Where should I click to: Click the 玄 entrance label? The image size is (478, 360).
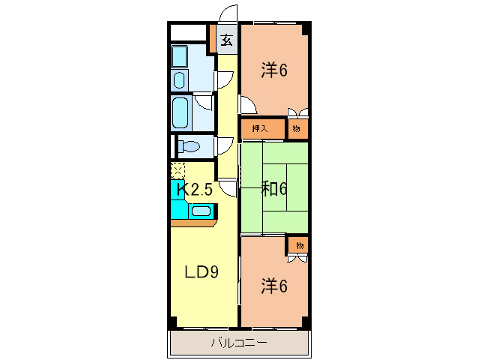[x=227, y=40]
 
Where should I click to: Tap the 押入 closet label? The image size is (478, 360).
[x=260, y=129]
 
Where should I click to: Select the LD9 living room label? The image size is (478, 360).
[x=202, y=271]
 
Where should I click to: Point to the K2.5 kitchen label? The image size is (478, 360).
[x=195, y=190]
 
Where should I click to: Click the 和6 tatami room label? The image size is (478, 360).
[x=274, y=189]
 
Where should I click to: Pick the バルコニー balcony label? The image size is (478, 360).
[x=239, y=343]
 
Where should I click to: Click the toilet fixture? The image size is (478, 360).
[x=188, y=146]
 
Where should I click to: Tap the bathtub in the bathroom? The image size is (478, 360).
[x=180, y=113]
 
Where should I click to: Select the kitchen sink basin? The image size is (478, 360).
[x=201, y=211]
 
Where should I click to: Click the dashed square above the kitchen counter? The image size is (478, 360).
[x=178, y=171]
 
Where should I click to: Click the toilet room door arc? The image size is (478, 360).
[x=226, y=145]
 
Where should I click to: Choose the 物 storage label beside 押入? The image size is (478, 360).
[x=296, y=129]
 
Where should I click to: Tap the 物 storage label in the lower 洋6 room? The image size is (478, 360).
[x=300, y=245]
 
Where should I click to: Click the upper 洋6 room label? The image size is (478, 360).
[x=274, y=70]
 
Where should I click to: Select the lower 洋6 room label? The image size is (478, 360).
[x=274, y=286]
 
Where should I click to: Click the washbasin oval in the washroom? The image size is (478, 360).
[x=179, y=80]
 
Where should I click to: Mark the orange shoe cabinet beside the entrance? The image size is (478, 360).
[x=213, y=39]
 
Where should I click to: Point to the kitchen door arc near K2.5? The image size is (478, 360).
[x=226, y=189]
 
